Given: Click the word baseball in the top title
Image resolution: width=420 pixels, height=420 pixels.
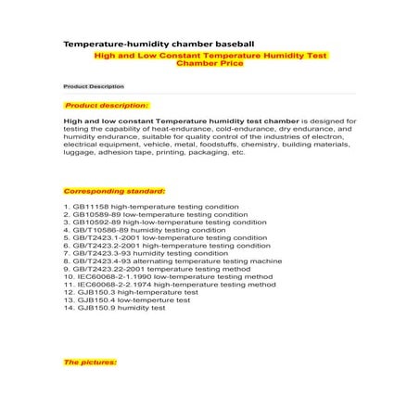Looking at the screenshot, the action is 244,43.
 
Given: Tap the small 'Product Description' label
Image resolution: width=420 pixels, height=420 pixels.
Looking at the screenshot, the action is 93,85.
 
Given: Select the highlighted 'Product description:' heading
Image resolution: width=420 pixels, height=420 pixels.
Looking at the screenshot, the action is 106,106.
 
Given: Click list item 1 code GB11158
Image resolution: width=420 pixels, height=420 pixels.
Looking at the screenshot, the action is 89,204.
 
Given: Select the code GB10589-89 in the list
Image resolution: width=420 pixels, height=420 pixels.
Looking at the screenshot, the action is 96,213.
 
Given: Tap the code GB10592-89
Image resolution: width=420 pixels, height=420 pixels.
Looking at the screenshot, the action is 96,223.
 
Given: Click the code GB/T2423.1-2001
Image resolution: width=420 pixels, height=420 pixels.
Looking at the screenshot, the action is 106,238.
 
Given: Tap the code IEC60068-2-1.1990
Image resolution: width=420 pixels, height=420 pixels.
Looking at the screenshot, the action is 108,277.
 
